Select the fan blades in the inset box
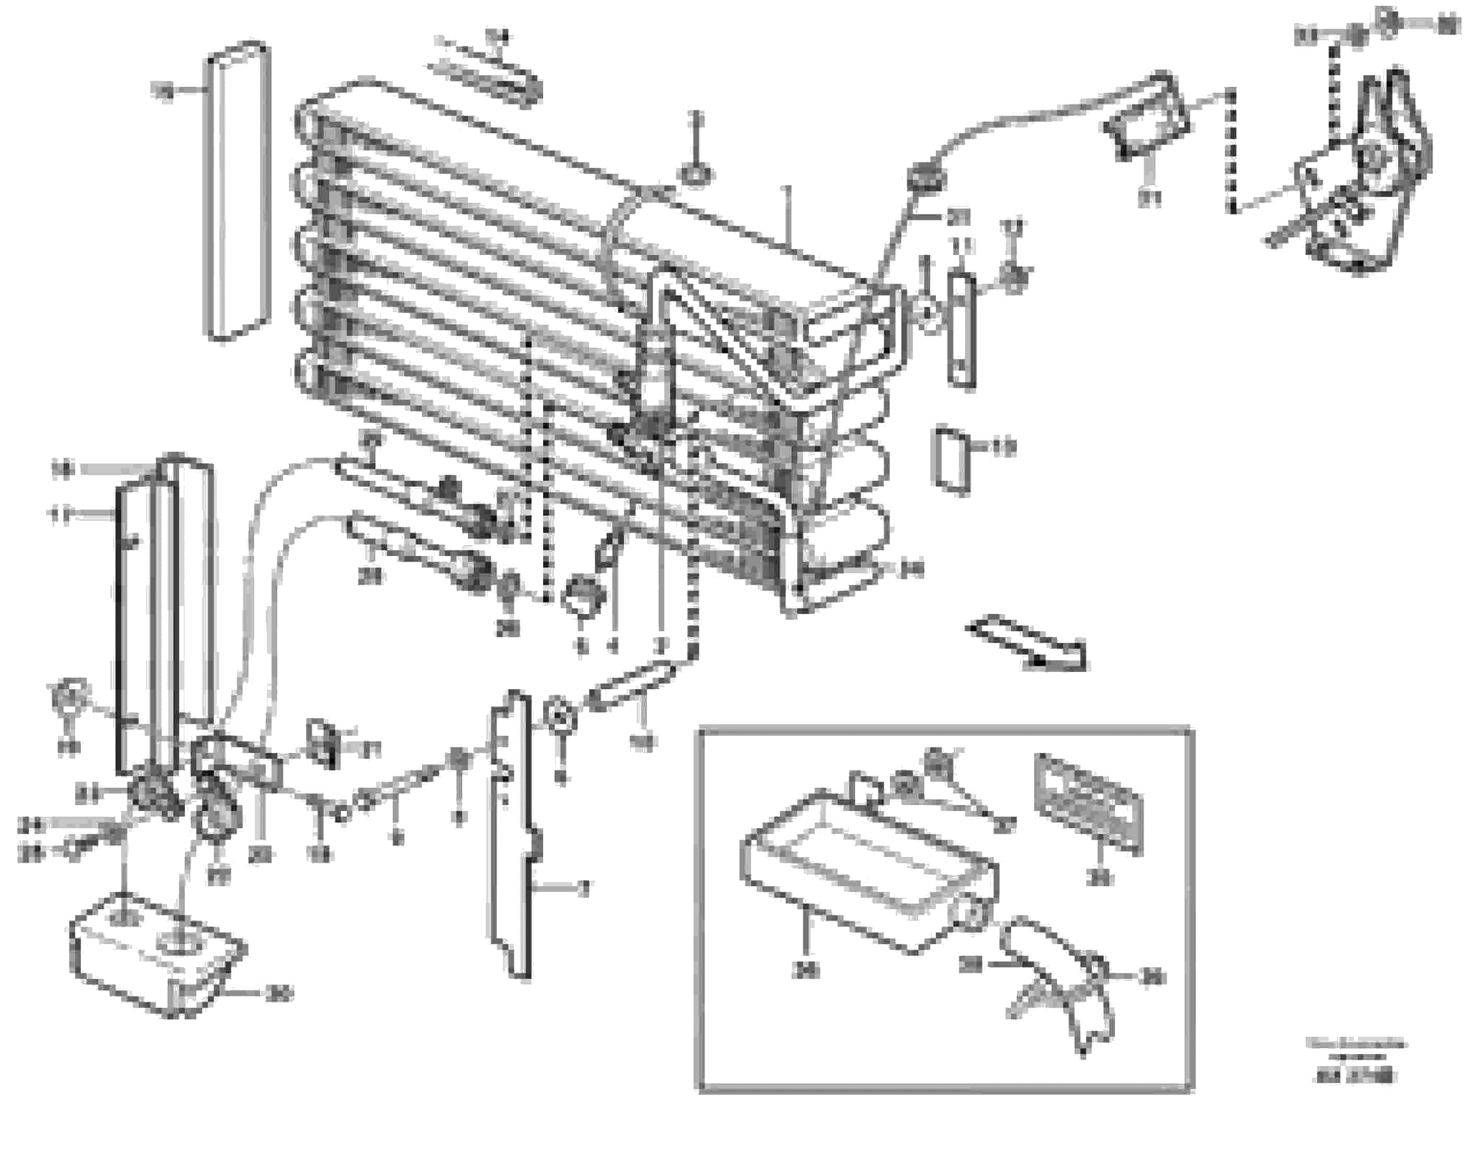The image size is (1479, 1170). pyautogui.click(x=1058, y=987)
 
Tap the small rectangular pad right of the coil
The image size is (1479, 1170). pyautogui.click(x=952, y=460)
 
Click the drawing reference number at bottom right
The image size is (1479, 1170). pyautogui.click(x=1355, y=1078)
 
